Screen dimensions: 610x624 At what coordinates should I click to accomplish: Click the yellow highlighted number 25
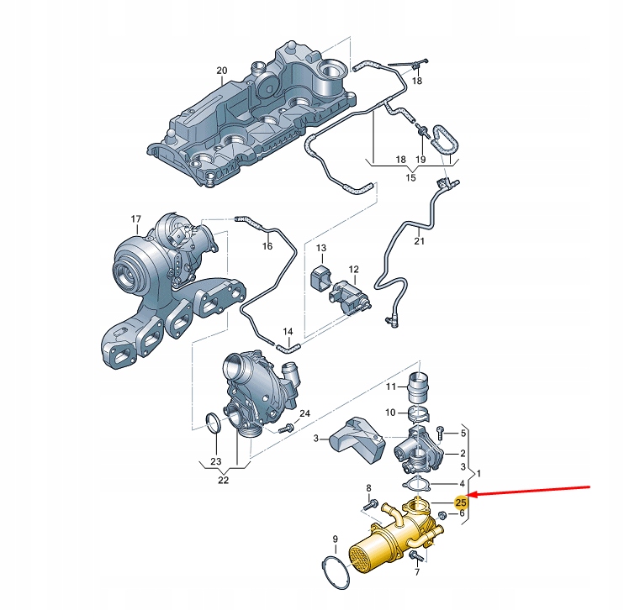pyautogui.click(x=460, y=502)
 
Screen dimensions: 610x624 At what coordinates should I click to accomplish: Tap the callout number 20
pyautogui.click(x=221, y=71)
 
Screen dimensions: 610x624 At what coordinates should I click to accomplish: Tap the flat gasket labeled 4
pyautogui.click(x=417, y=483)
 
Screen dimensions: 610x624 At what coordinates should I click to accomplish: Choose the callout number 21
pyautogui.click(x=420, y=243)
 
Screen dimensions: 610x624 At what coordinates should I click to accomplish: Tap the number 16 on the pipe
pyautogui.click(x=267, y=246)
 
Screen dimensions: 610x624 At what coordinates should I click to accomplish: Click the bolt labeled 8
pyautogui.click(x=370, y=504)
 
